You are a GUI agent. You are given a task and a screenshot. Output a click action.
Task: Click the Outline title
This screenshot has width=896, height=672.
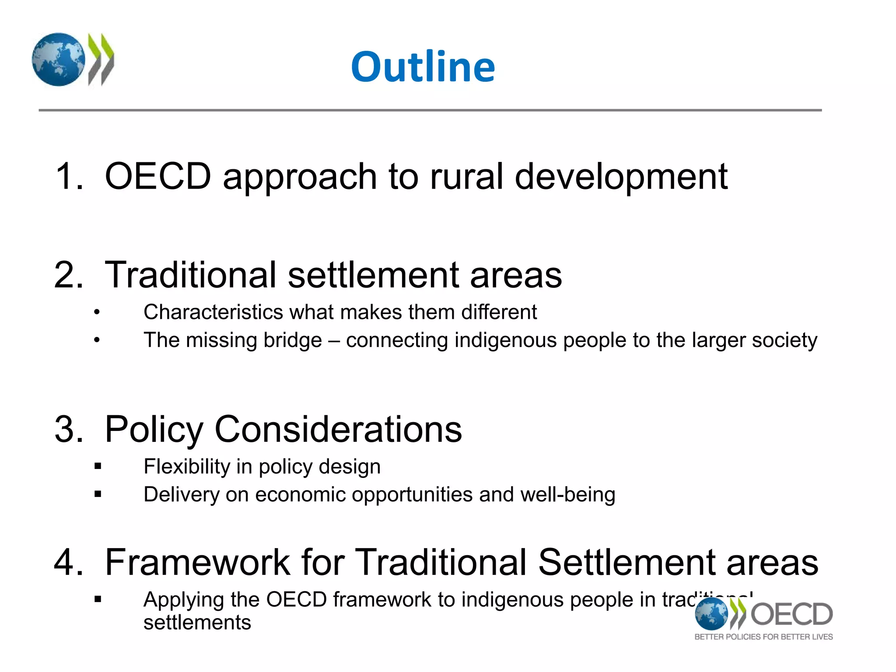click(423, 66)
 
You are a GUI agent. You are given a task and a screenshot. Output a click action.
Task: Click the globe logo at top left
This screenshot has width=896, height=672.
click(58, 59)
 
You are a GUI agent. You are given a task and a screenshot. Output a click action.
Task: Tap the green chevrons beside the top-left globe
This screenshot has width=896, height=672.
click(101, 59)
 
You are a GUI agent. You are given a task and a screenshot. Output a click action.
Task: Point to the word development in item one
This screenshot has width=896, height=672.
click(621, 177)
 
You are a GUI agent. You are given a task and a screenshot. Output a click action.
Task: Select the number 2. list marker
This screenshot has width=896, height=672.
click(69, 275)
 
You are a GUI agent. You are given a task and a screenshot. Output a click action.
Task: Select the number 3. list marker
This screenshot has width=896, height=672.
click(69, 429)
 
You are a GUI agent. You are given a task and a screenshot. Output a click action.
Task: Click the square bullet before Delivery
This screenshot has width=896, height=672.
click(98, 494)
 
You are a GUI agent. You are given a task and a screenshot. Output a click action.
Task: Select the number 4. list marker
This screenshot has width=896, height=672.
click(69, 562)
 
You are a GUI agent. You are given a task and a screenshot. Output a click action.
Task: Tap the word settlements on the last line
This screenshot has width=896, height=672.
click(197, 623)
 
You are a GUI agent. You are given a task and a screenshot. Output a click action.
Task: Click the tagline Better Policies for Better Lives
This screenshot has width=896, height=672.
click(763, 637)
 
